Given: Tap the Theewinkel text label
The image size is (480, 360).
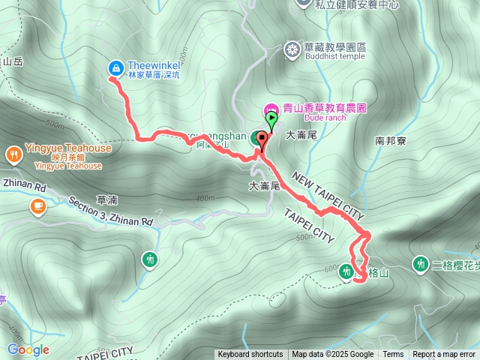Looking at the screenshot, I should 154,65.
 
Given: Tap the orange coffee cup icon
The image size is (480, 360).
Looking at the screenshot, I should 37,205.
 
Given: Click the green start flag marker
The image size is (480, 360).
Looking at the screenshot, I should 271,118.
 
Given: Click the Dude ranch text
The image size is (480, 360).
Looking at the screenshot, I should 324,118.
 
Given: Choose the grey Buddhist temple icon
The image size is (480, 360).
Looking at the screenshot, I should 292,49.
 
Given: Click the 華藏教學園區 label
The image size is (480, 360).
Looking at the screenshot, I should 334,47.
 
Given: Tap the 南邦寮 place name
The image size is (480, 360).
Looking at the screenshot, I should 390,140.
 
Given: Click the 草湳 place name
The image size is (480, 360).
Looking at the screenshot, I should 106,201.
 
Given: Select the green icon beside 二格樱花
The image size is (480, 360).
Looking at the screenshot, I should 420,264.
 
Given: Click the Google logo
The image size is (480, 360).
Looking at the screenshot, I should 28,349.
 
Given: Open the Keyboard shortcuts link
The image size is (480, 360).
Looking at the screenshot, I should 250,355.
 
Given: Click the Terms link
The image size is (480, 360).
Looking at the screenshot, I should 393,355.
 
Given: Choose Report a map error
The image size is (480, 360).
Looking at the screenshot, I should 444,355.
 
